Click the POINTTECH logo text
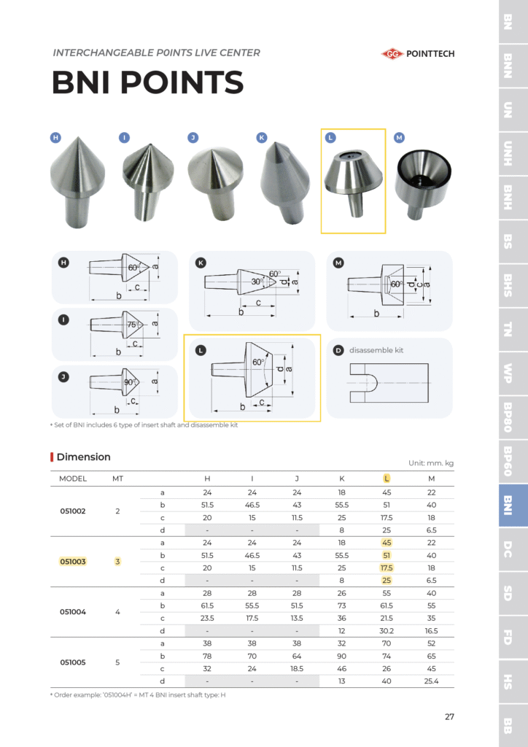[x=430, y=53]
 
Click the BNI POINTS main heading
[x=147, y=82]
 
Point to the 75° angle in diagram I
[x=132, y=325]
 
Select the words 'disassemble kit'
[x=376, y=350]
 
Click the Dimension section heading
[x=83, y=457]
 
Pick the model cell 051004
[x=73, y=611]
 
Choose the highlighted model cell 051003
[x=73, y=561]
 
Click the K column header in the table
[x=341, y=479]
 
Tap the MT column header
[x=117, y=479]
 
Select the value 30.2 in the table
[x=387, y=630]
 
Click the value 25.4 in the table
[x=431, y=681]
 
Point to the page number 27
[x=449, y=716]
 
